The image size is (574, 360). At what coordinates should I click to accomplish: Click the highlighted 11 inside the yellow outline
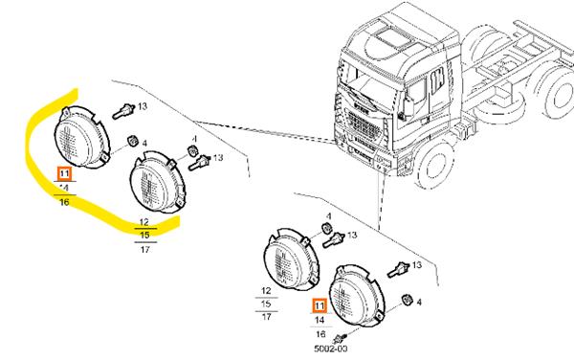tap(64, 173)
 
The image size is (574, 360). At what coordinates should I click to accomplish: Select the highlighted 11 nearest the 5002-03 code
tap(320, 307)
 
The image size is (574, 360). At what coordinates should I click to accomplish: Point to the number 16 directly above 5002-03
tap(320, 335)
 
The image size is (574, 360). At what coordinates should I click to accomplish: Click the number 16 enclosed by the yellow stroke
tap(64, 202)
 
